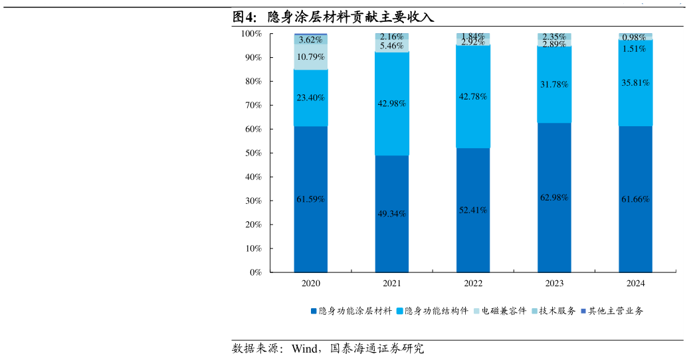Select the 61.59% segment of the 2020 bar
(310, 199)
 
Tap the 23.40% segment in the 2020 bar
(310, 98)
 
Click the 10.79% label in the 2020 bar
(310, 56)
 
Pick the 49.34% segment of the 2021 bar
(391, 214)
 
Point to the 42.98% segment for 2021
(391, 104)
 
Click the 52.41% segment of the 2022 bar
(473, 210)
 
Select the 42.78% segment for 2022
(473, 96)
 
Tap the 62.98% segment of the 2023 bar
(554, 197)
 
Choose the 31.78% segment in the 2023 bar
(554, 84)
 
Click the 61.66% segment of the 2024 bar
(635, 199)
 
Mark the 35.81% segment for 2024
(635, 83)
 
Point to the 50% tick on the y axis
(251, 153)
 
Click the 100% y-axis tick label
(250, 33)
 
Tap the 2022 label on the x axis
(473, 284)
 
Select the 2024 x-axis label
(635, 284)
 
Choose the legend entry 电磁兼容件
(499, 311)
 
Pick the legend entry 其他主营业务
(611, 311)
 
